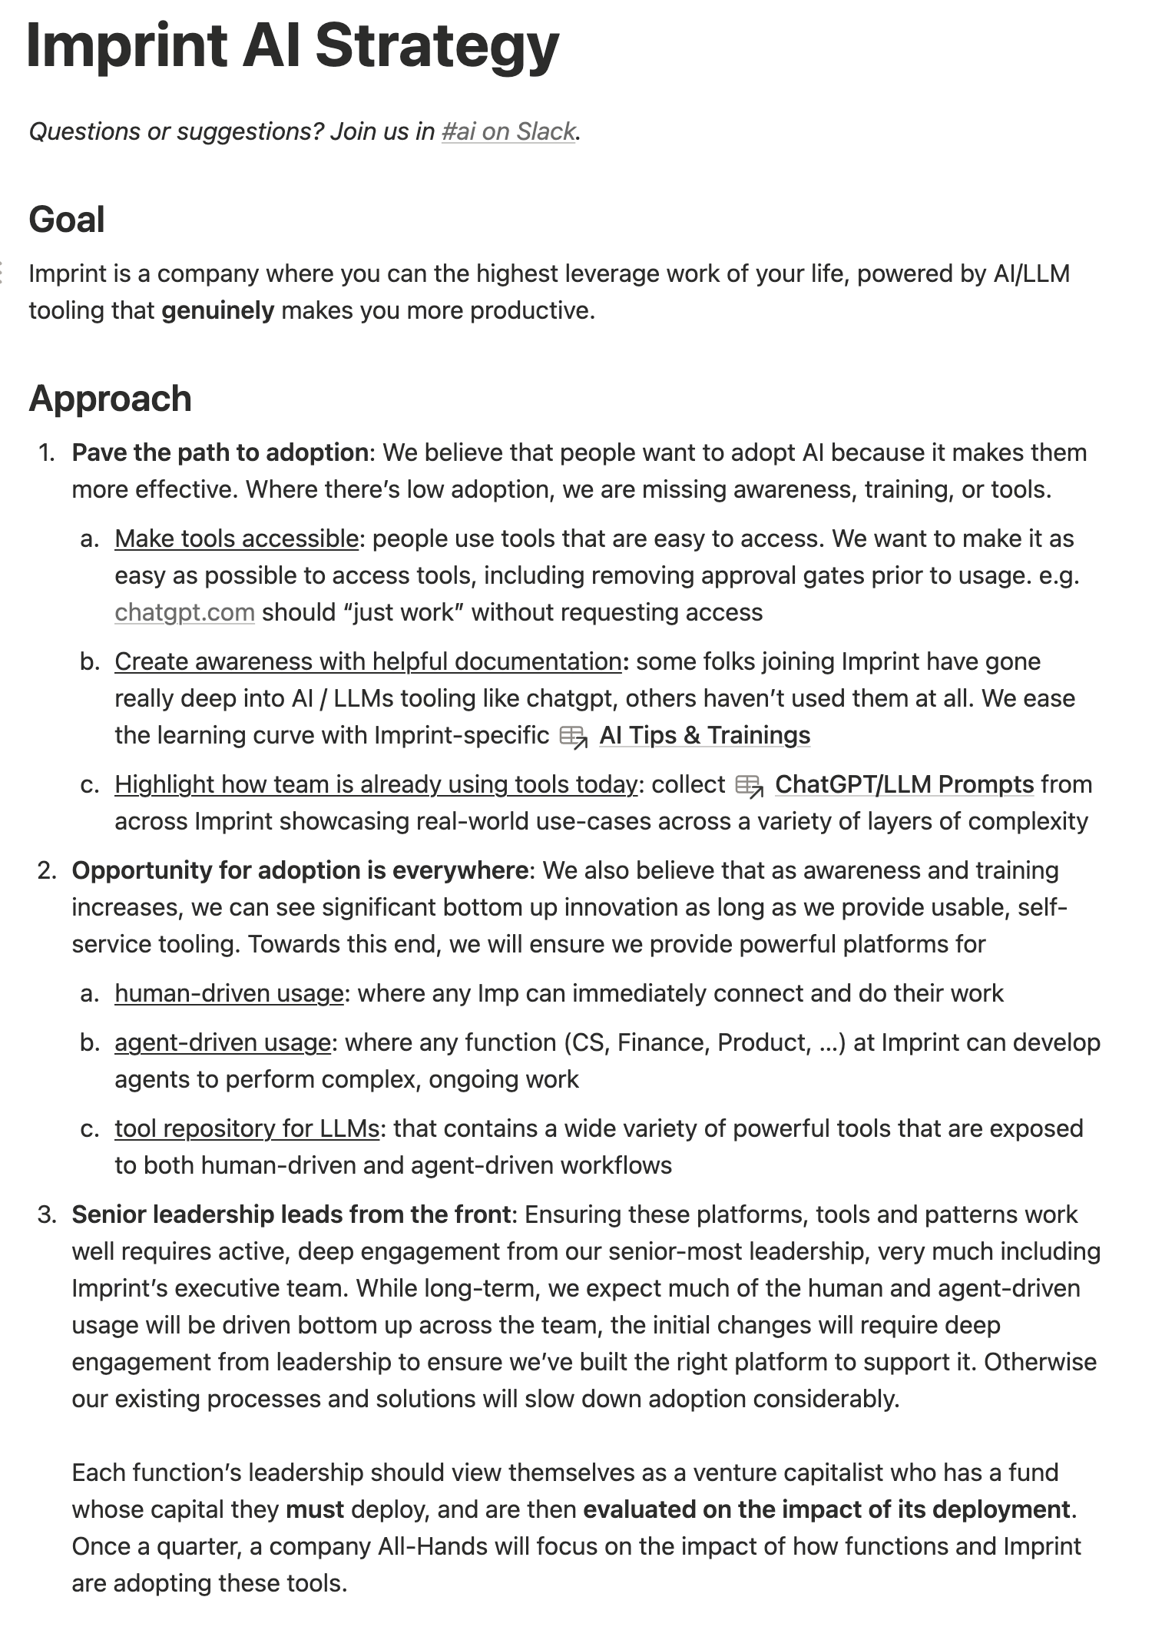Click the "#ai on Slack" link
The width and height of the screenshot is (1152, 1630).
click(x=508, y=131)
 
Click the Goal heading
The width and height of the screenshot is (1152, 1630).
click(x=67, y=220)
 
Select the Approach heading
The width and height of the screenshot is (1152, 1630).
click(x=110, y=399)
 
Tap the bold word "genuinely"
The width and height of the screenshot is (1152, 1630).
click(x=217, y=310)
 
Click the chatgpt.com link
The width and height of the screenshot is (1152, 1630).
click(x=184, y=612)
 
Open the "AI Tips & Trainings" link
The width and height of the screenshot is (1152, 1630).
click(x=704, y=735)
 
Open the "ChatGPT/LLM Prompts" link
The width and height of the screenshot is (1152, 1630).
click(x=904, y=784)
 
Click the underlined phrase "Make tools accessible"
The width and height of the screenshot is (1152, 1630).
click(x=237, y=538)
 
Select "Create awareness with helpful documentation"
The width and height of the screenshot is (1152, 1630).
click(x=368, y=661)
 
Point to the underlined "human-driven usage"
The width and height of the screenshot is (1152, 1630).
click(x=229, y=993)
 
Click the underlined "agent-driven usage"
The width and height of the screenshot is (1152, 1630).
click(x=223, y=1042)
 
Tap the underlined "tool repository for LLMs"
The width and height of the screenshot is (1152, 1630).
click(x=247, y=1128)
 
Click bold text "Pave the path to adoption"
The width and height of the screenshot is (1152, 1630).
click(x=220, y=452)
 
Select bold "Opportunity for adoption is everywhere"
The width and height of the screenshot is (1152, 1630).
click(x=300, y=870)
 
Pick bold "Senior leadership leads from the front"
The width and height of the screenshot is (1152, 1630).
click(x=291, y=1214)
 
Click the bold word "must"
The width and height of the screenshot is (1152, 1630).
click(x=314, y=1509)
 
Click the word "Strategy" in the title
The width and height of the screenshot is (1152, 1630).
click(x=437, y=46)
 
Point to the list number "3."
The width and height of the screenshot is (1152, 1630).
click(x=48, y=1214)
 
